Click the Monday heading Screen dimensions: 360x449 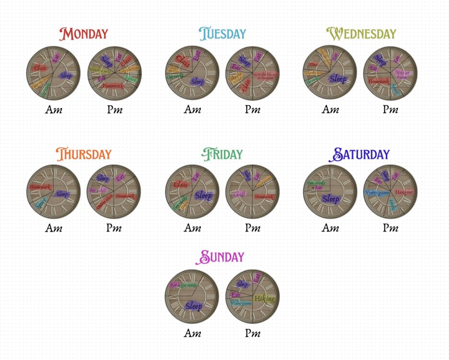[x=84, y=34]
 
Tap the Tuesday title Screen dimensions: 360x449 [x=222, y=34]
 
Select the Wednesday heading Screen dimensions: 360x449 [x=361, y=34]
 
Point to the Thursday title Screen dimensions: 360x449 [x=84, y=154]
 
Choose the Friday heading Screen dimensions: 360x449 [x=222, y=154]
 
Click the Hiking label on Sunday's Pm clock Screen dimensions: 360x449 [x=264, y=299]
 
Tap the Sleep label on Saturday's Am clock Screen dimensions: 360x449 [x=330, y=199]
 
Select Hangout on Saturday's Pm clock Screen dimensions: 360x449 [x=404, y=192]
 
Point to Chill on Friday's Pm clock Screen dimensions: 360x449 [x=239, y=194]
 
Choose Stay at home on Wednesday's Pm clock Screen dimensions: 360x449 [x=402, y=75]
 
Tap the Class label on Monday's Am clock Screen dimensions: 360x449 [x=39, y=68]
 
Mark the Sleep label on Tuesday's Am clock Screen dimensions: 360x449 [x=198, y=82]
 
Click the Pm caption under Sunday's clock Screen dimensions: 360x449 [x=252, y=333]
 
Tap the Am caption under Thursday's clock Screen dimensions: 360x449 [x=54, y=228]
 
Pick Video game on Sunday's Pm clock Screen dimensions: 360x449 [x=241, y=303]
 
